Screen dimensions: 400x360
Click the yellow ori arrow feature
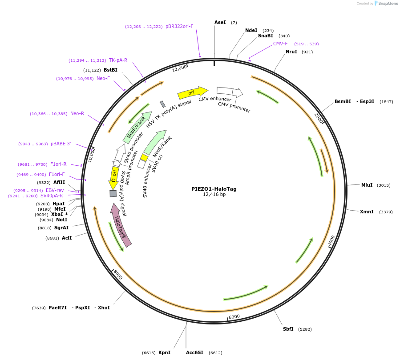192,93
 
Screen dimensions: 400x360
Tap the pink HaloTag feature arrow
121,225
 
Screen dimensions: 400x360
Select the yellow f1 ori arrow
114,176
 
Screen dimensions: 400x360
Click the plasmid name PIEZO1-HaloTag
214,189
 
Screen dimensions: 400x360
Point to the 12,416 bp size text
214,195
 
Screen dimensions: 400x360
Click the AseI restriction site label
220,22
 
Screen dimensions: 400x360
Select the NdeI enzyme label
251,31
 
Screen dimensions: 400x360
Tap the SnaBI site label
266,36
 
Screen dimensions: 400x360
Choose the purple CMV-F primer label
280,44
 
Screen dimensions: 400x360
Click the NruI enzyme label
291,52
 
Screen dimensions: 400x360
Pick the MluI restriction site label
367,185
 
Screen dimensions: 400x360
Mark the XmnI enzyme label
367,212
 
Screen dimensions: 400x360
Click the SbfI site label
288,329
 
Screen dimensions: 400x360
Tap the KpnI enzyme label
164,352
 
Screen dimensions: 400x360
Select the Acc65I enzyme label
194,352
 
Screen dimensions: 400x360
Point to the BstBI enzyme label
110,70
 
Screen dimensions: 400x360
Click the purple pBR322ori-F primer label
179,27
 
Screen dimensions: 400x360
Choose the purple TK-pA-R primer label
118,60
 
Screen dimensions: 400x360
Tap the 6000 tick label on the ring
234,316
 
